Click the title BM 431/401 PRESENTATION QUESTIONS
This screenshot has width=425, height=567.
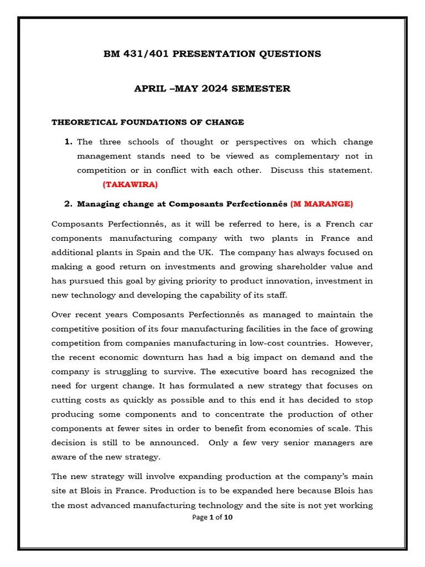point(212,54)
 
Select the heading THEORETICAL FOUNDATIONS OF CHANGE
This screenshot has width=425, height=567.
point(148,122)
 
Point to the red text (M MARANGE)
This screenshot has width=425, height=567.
point(322,204)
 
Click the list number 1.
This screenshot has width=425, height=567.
point(69,142)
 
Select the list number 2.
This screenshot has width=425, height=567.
point(69,204)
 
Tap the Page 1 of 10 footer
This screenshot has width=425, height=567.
point(212,518)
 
